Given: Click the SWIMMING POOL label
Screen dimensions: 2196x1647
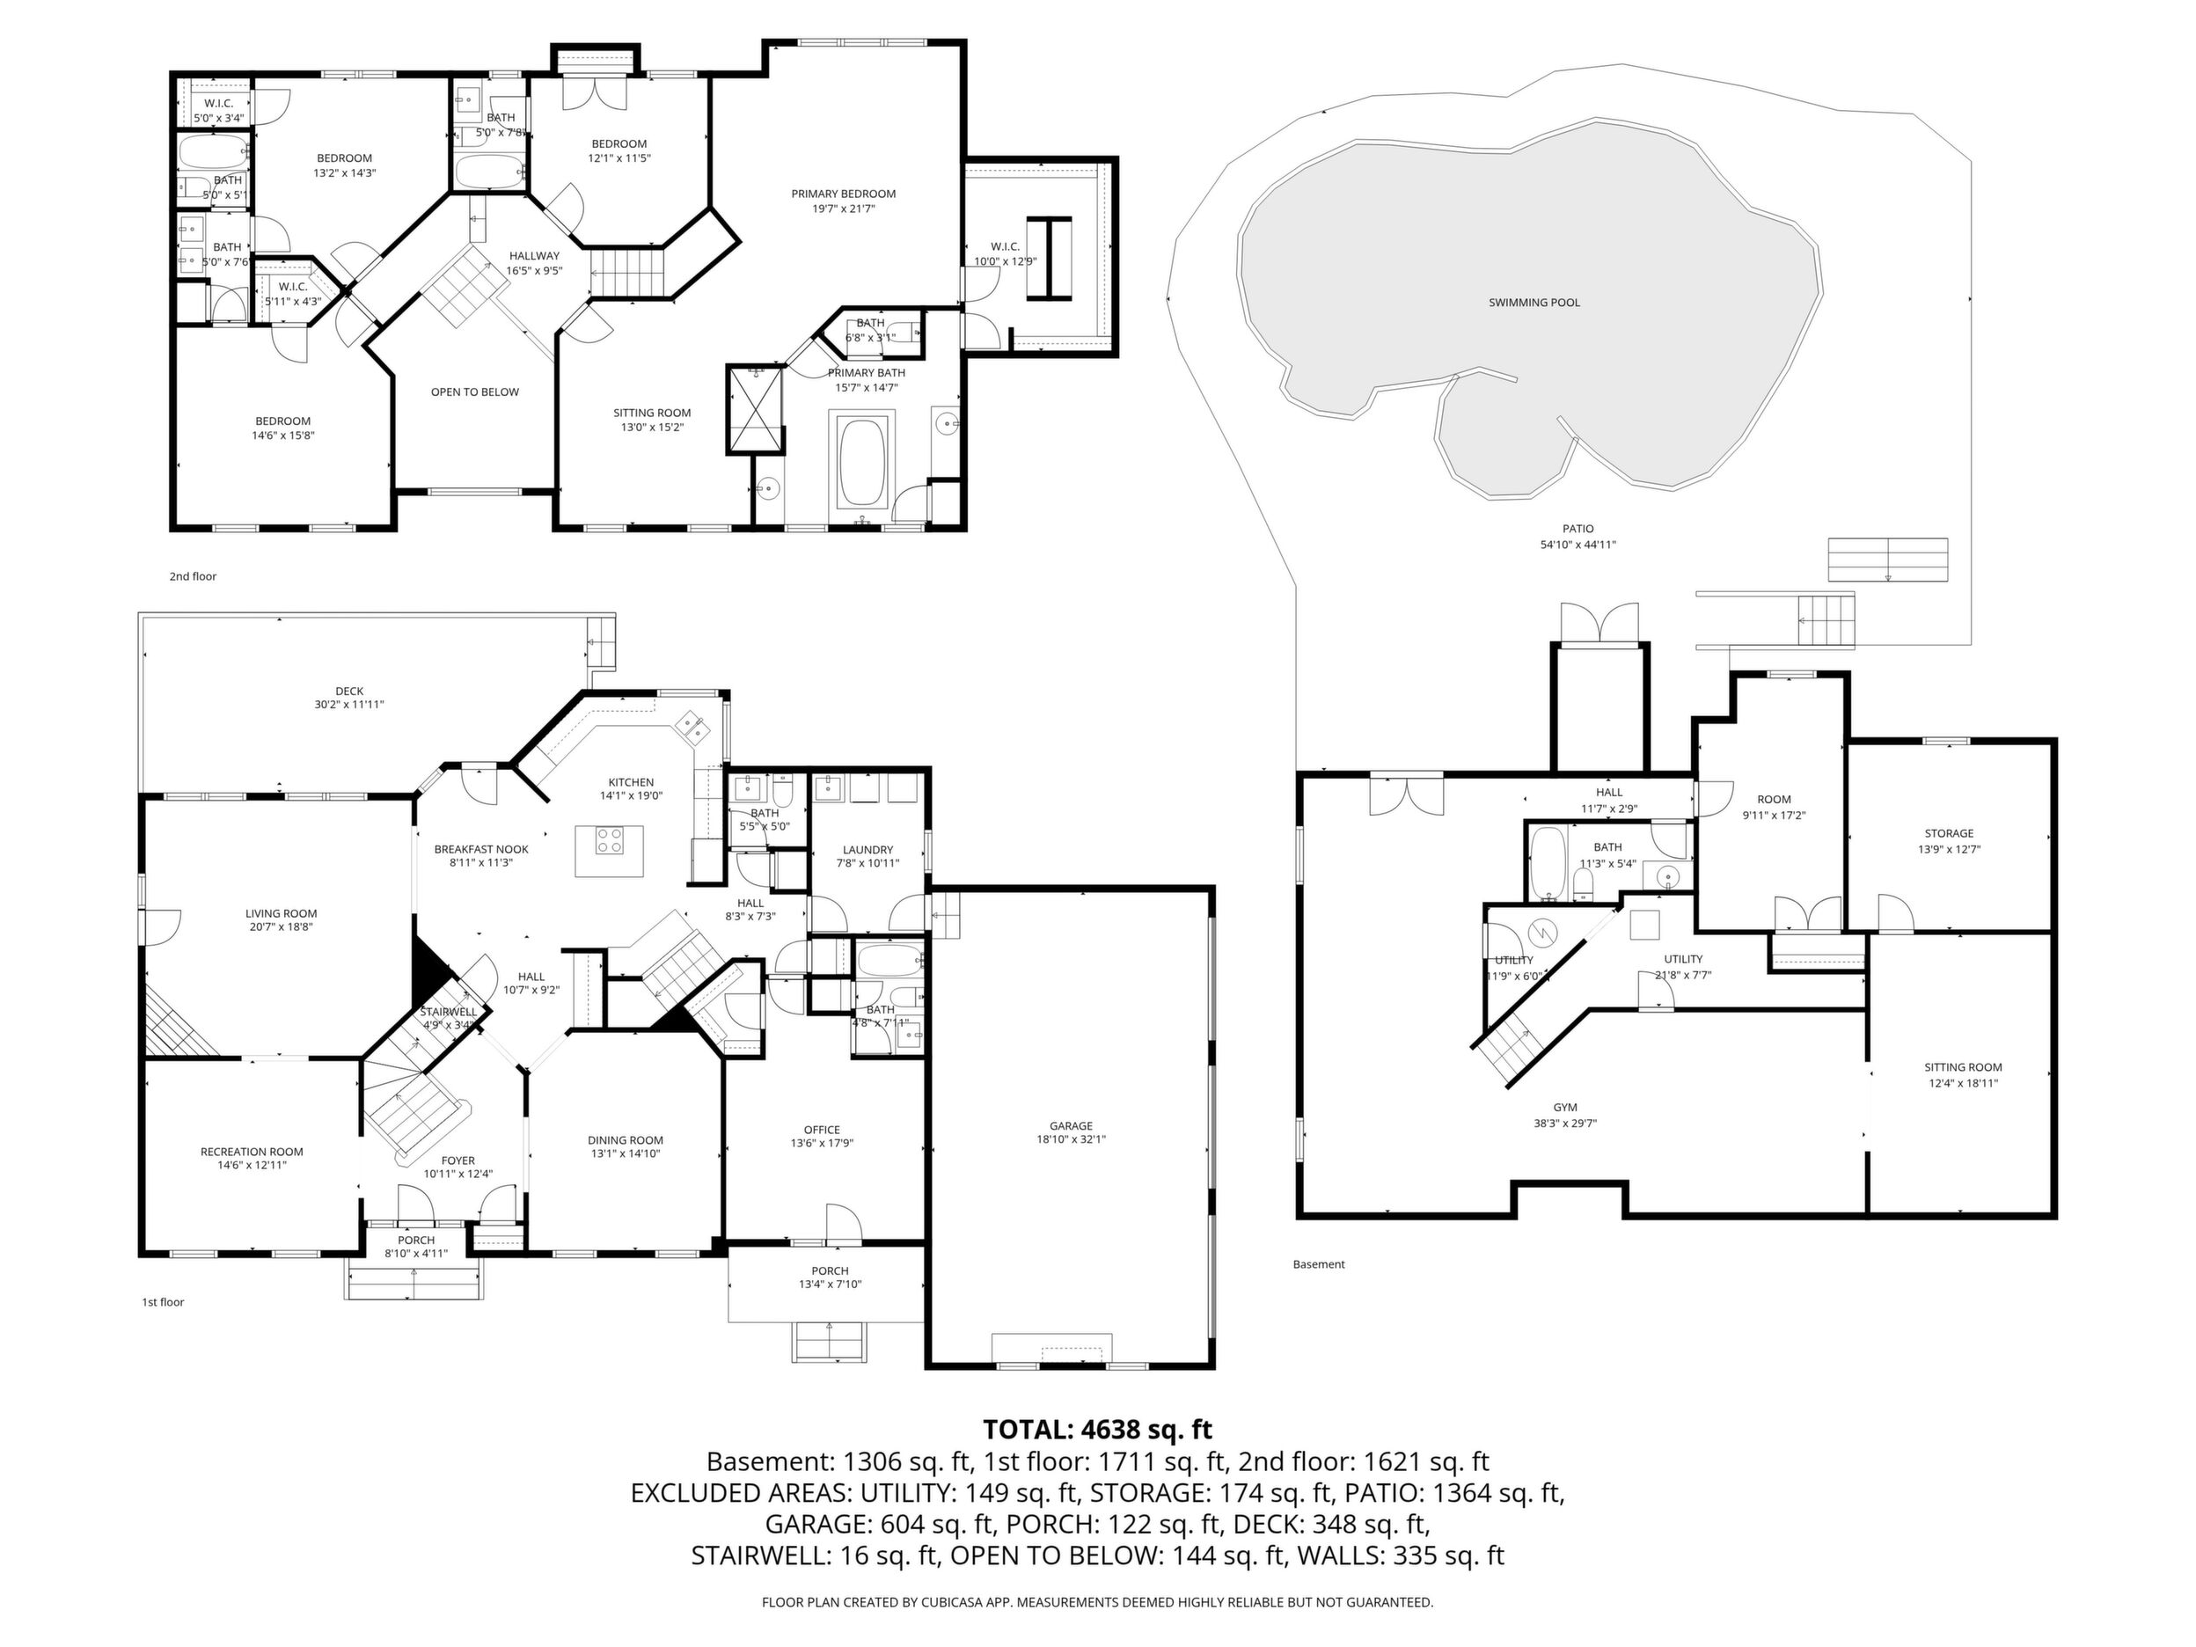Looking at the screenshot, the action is click(x=1534, y=303).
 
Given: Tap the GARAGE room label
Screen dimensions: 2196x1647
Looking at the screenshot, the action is click(x=1072, y=1126).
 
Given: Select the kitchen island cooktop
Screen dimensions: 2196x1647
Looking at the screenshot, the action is click(x=610, y=841).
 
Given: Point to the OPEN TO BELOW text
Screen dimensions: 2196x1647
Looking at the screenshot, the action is click(x=474, y=392).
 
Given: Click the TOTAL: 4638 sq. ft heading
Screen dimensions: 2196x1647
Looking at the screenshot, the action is click(x=1097, y=1430).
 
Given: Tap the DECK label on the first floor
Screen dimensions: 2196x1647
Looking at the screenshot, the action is click(x=349, y=691).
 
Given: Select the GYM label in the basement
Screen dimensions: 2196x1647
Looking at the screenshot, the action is click(x=1564, y=1108).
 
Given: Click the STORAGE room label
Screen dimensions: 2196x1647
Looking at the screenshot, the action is click(x=1949, y=834).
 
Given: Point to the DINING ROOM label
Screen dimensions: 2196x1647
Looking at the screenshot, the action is click(x=626, y=1139).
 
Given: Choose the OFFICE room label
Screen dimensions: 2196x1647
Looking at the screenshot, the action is click(x=822, y=1130).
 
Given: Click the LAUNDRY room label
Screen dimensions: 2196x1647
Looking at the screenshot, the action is click(x=867, y=850).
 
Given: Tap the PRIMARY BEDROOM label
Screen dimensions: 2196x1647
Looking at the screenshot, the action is click(x=844, y=194).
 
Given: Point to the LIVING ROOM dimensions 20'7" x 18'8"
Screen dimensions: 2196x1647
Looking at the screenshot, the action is click(x=281, y=927).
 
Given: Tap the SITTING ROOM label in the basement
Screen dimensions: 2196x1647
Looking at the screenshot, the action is click(x=1963, y=1068).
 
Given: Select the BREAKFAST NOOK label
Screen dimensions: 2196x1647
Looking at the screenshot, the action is click(x=481, y=850).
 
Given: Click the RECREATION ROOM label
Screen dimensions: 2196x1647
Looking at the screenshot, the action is click(x=253, y=1152).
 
